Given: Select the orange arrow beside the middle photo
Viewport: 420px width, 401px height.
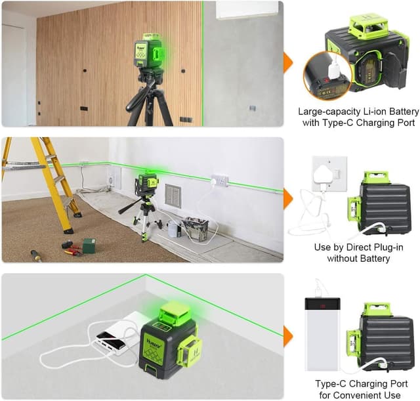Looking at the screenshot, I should pos(287,199).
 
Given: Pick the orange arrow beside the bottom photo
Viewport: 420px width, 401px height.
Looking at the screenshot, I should pos(287,336).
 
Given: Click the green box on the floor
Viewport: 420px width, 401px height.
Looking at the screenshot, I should pos(88,245).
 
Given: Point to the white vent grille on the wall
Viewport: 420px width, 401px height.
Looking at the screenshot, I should pos(173,196).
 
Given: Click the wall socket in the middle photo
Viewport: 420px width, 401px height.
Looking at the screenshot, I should pos(220,179).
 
